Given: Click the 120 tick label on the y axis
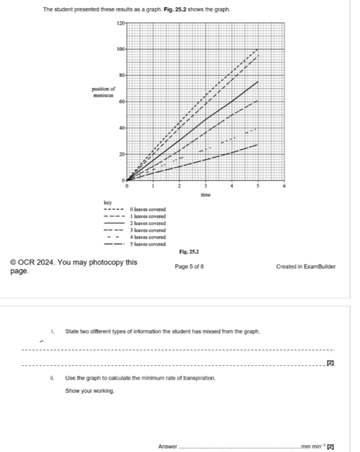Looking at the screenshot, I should click(120, 22).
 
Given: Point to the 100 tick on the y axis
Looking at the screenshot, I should click(120, 49).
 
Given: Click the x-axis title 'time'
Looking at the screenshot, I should click(205, 196).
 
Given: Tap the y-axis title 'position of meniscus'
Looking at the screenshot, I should click(104, 91).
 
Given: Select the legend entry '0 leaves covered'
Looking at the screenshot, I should click(147, 209).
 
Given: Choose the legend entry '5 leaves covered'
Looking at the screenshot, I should click(147, 243).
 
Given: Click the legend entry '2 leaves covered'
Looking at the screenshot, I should click(147, 223).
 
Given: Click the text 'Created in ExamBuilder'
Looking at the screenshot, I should click(305, 267).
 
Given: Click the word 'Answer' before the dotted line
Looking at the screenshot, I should click(168, 446).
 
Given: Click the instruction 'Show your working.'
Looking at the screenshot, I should click(90, 391).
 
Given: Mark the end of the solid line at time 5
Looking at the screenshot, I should click(258, 82).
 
